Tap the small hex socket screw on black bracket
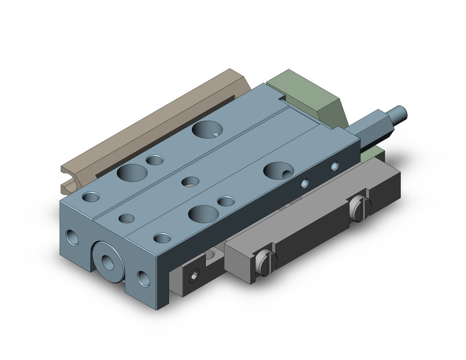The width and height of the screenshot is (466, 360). tap(194, 274)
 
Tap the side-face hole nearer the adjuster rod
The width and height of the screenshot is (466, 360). tap(334, 166)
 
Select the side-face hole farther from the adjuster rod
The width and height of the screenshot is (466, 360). tap(305, 182)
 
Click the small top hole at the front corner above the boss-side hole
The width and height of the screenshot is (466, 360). tap(162, 238)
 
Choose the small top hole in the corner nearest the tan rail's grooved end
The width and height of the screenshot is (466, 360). tap(93, 197)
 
